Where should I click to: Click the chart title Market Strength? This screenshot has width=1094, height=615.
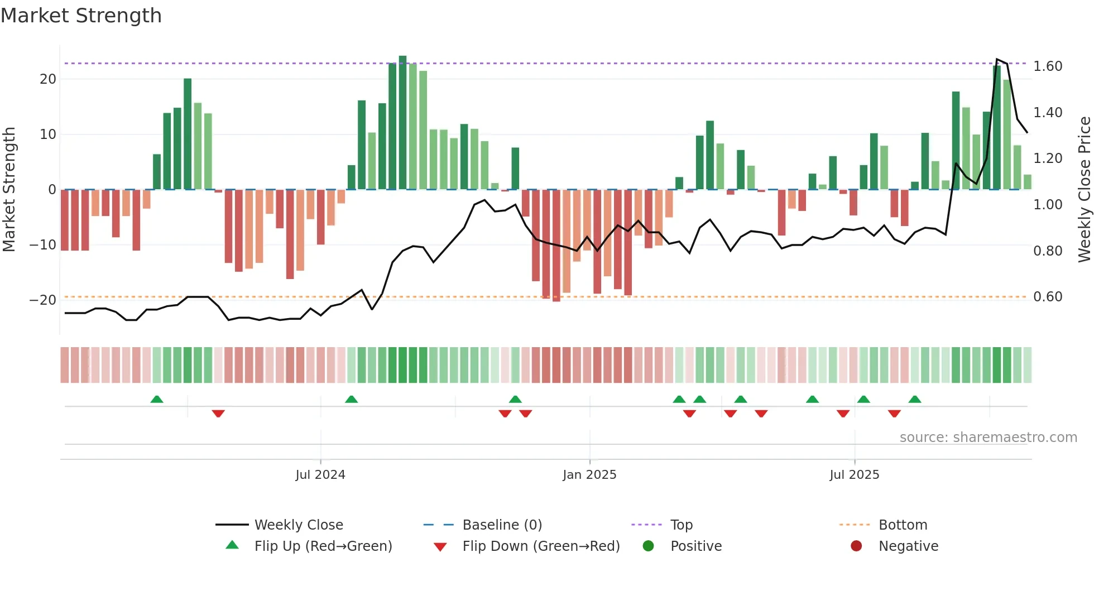point(81,16)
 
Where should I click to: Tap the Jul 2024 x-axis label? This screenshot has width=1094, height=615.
point(320,475)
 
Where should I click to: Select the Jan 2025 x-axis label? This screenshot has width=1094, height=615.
point(589,475)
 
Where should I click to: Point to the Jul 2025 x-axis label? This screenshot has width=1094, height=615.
point(854,475)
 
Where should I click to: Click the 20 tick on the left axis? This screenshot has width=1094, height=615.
point(48,79)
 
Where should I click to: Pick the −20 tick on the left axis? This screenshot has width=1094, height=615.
point(43,300)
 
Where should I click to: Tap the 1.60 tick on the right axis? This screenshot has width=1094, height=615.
point(1048,66)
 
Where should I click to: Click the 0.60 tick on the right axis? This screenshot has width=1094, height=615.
point(1048,297)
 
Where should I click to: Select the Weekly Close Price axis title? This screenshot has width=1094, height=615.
point(1085,190)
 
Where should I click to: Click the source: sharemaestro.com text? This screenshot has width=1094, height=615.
point(988,438)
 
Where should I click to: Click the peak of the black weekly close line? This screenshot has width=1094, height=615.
point(997,59)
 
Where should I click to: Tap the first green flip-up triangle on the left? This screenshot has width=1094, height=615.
point(157,400)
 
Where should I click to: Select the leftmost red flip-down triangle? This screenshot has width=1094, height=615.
point(218,414)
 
